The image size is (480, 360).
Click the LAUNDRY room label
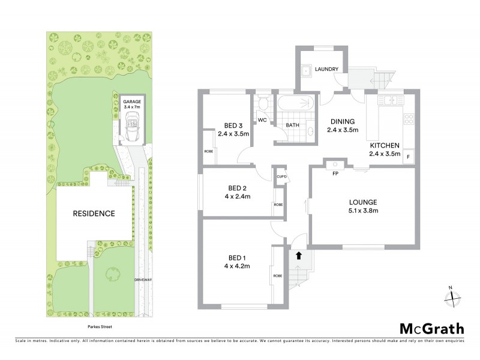click(328, 69)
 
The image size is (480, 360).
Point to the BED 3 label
click(233, 125)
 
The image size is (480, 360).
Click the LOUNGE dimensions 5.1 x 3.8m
click(364, 210)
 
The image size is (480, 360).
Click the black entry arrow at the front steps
click(298, 256)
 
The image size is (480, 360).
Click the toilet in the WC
click(262, 104)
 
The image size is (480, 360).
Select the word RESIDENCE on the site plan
click(94, 213)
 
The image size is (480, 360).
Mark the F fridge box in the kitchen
click(409, 157)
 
